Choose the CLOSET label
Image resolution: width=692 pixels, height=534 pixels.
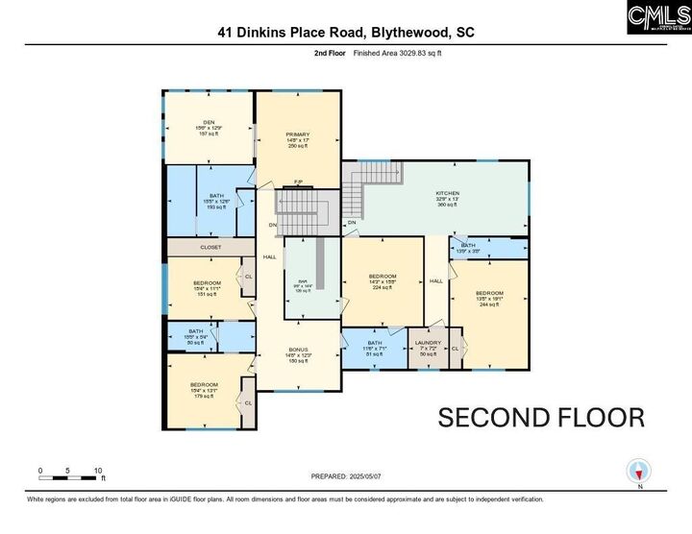click(210, 247)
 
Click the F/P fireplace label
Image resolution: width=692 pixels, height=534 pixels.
click(298, 182)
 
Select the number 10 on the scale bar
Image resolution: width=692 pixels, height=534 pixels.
click(97, 471)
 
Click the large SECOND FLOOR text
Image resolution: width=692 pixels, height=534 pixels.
click(541, 418)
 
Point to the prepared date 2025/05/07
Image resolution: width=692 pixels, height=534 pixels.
click(365, 476)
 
